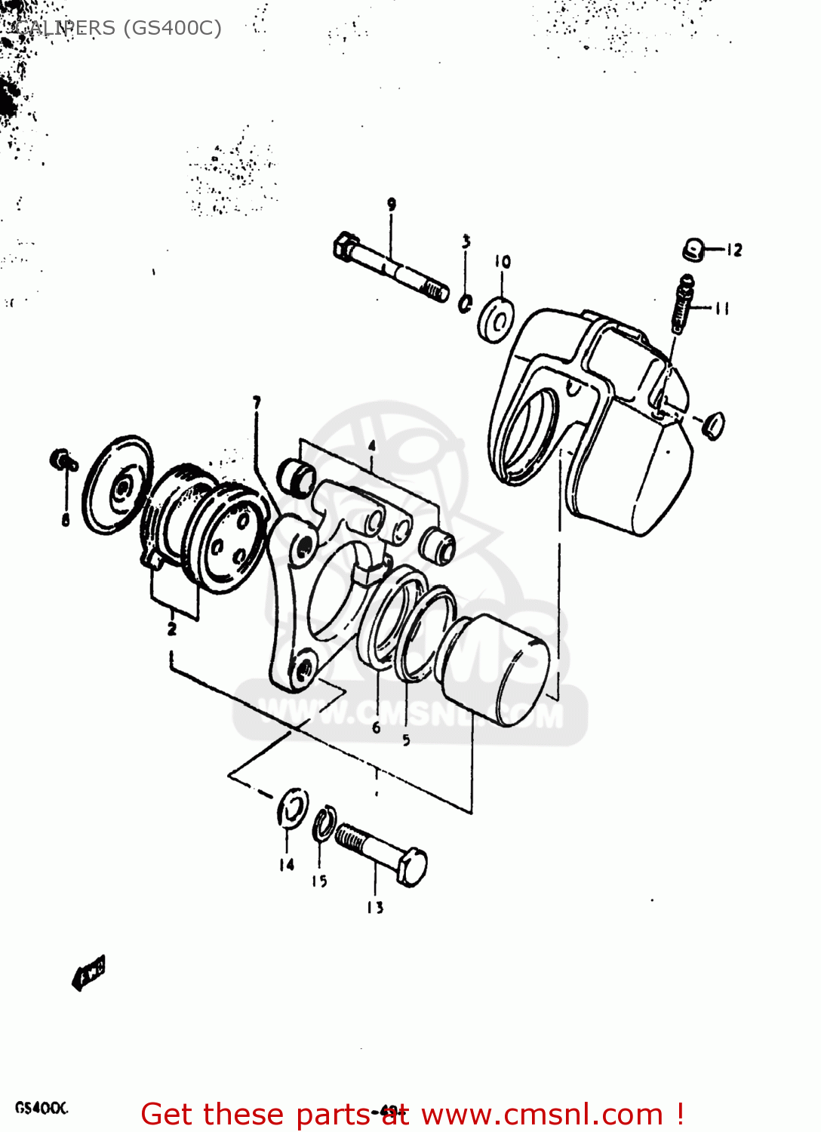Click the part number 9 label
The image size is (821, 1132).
392,204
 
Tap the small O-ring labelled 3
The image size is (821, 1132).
466,303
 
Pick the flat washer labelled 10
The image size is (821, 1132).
497,321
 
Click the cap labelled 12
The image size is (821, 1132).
693,249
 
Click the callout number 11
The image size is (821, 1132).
722,308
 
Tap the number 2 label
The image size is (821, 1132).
172,628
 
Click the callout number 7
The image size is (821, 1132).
257,402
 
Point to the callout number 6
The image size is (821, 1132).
376,728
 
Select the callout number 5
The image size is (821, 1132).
406,740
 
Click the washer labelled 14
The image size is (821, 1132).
292,808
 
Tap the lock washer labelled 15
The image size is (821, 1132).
324,823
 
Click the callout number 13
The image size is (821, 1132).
375,908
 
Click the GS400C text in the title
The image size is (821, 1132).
173,28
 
